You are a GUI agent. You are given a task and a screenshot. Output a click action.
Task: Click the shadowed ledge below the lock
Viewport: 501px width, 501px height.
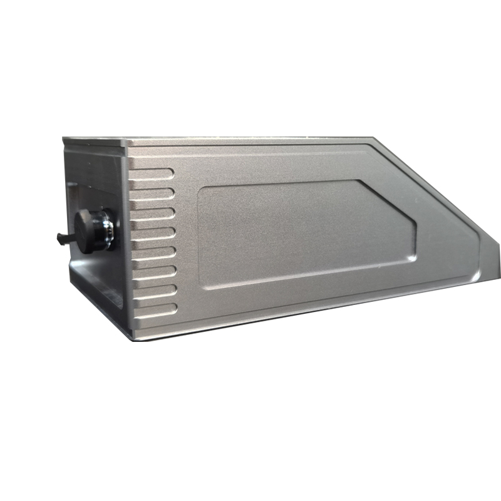[100, 288]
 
